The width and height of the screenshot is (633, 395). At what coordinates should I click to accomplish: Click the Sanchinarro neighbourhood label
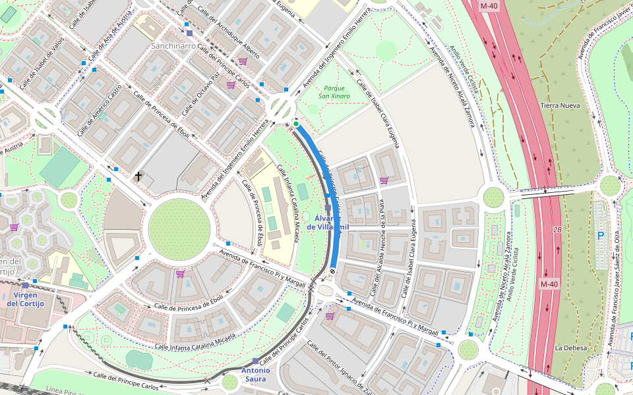coord(182,46)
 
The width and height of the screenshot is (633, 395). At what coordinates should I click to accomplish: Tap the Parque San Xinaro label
coord(334,92)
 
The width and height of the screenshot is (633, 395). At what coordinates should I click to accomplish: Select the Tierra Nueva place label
coord(560,106)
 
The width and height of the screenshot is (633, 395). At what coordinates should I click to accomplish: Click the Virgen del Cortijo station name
coord(26,300)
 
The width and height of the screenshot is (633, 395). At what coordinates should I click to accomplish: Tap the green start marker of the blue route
coord(296,124)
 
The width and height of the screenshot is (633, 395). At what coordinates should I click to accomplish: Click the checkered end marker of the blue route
coord(332,270)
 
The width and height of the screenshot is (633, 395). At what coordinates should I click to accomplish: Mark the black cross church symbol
coord(138,176)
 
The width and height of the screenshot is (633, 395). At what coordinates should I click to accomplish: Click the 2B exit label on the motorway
coord(557,230)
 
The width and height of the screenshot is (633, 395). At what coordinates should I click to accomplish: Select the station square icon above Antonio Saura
coord(255,361)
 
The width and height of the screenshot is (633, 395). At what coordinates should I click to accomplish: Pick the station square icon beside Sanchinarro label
coord(189,33)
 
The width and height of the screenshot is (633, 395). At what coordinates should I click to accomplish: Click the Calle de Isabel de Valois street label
coord(42,64)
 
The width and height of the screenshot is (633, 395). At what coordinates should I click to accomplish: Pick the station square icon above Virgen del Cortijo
coord(25,286)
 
